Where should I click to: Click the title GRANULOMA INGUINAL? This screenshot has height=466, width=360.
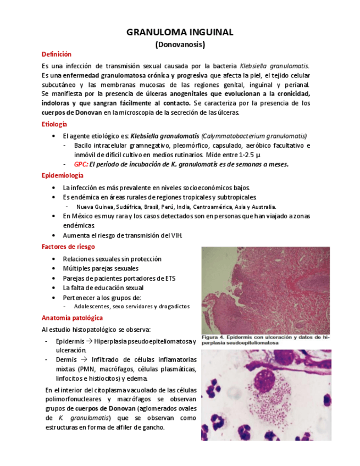point(180,32)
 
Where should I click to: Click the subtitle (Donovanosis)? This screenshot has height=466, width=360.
point(180,44)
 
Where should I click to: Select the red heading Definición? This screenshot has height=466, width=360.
point(57,54)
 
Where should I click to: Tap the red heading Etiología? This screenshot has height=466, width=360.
point(54,125)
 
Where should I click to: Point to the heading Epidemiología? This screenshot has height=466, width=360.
point(63,175)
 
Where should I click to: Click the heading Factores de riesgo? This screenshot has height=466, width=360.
point(68,247)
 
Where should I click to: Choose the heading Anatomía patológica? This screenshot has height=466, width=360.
point(72,318)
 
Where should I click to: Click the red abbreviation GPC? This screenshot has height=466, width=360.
point(81,164)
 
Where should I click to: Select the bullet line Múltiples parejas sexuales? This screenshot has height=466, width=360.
point(101,269)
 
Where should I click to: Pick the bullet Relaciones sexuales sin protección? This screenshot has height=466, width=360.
point(112,259)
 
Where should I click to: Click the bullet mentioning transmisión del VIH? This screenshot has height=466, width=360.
point(122,236)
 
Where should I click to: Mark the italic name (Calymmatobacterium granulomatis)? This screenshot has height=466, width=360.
point(254,136)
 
